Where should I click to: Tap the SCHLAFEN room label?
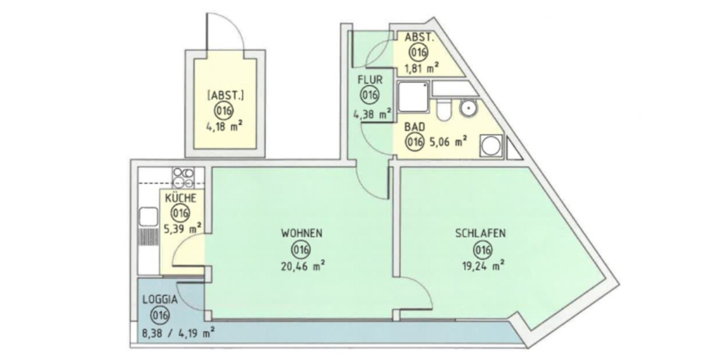pos(480,233)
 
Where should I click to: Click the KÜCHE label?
pos(179,197)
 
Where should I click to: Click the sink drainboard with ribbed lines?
pos(148,236)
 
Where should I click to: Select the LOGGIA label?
pos(160,300)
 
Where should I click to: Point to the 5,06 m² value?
pos(445,142)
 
